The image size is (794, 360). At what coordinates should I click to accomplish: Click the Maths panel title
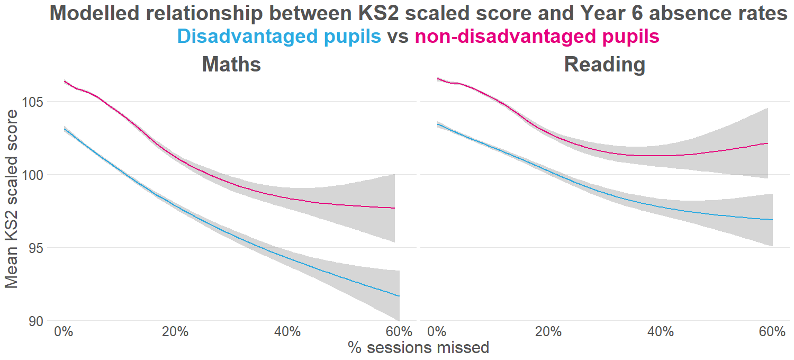pos(231,65)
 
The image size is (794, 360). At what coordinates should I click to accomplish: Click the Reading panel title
pos(604,65)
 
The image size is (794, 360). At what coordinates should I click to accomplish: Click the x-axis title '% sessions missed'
pos(418,348)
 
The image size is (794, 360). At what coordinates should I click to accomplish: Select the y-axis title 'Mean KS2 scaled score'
pos(12,199)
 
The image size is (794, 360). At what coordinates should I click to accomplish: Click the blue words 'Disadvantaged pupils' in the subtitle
pos(279,37)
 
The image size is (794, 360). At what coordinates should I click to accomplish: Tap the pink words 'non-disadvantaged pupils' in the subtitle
pos(537,37)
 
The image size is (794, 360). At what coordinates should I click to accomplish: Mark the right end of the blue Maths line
pos(399,296)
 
